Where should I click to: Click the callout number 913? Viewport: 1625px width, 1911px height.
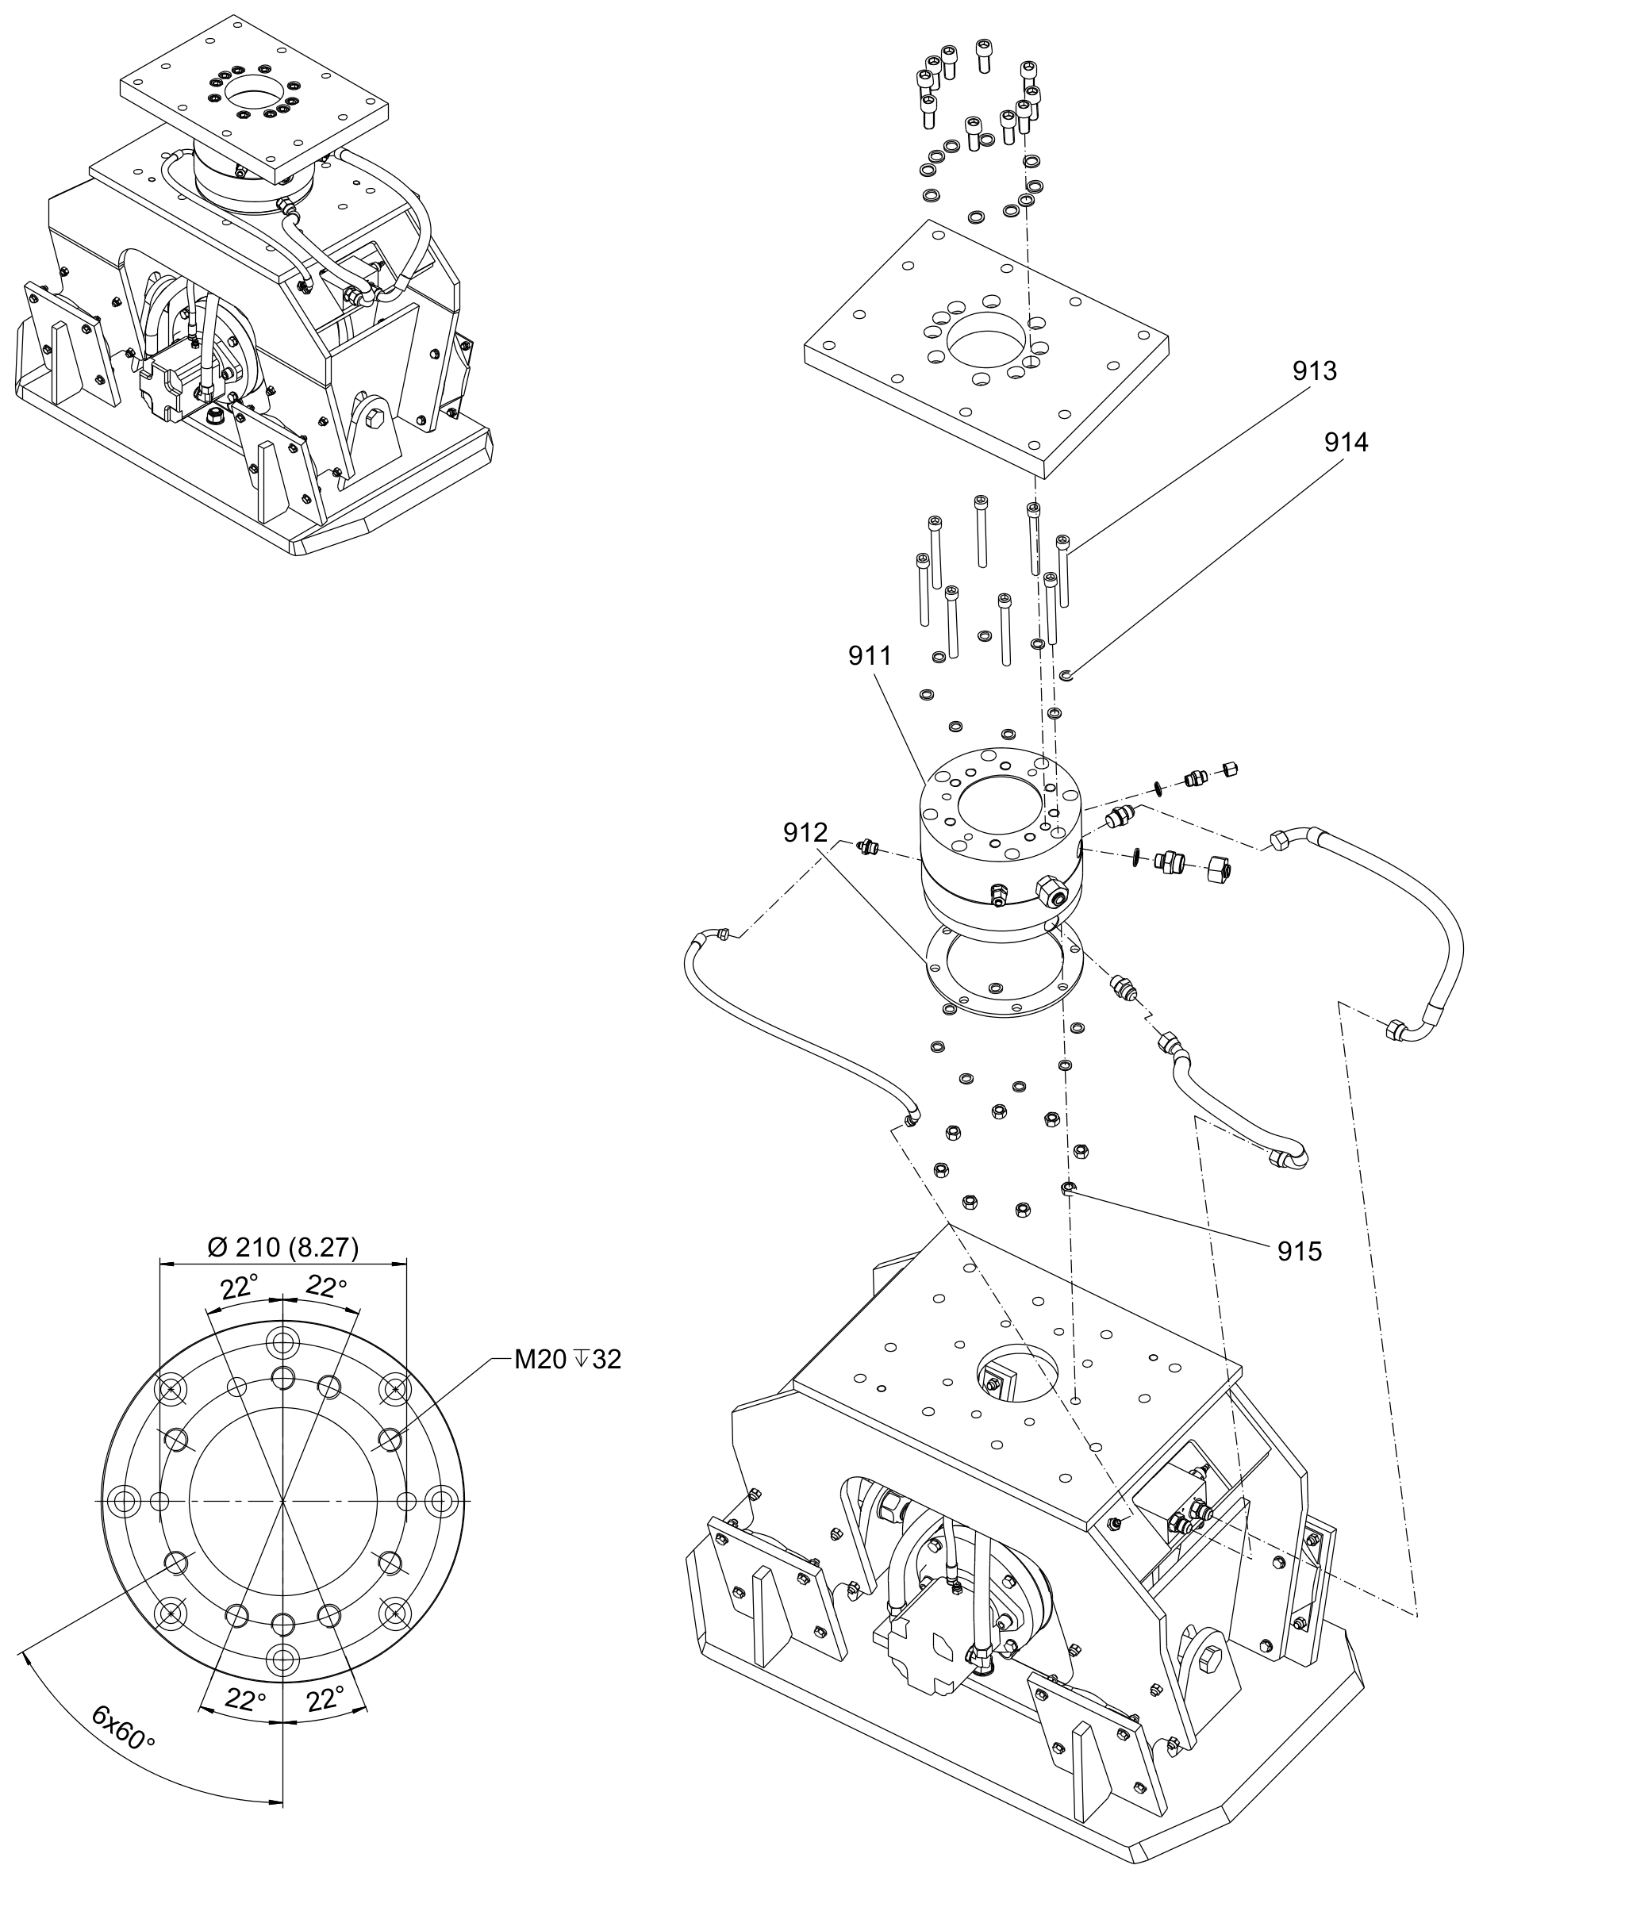(1315, 371)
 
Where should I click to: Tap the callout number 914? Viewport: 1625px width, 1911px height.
(1346, 443)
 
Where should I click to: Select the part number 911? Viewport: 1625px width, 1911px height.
(870, 656)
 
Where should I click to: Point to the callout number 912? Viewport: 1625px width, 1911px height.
(805, 833)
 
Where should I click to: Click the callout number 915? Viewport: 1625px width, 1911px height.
(1300, 1251)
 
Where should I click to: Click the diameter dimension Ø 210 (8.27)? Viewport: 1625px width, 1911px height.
(282, 1247)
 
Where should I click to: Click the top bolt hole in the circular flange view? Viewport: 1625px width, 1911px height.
(282, 1340)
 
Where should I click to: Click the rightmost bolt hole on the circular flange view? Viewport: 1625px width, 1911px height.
(442, 1500)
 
